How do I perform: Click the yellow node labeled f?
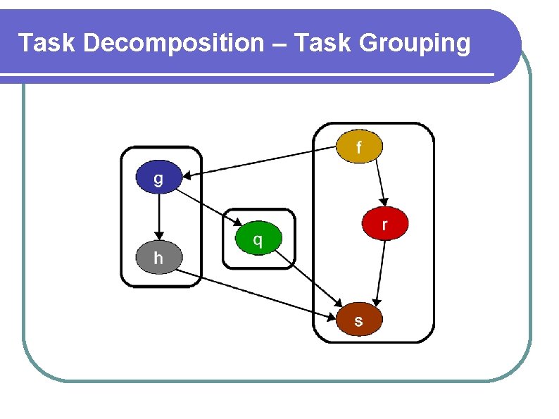click(x=359, y=146)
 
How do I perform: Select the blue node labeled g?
click(x=158, y=177)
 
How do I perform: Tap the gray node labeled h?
click(x=158, y=258)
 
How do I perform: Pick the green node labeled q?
click(x=258, y=239)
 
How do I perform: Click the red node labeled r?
click(x=384, y=225)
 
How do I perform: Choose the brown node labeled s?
click(x=359, y=320)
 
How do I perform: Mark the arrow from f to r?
click(x=380, y=181)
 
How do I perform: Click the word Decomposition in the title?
click(x=172, y=44)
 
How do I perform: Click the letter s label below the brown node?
click(x=359, y=321)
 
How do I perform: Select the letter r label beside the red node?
click(x=384, y=225)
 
